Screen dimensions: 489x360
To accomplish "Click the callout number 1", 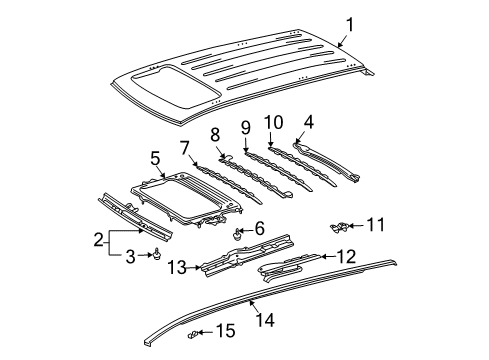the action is tap(350, 25).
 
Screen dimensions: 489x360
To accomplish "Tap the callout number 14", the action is tap(266, 320).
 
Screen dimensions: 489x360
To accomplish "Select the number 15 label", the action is tap(226, 331).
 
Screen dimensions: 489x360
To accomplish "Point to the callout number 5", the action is tap(155, 159).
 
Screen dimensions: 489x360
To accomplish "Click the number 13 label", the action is tap(177, 267).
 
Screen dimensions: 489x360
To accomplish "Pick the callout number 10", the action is tap(274, 122).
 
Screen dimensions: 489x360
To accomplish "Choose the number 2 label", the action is tap(99, 240).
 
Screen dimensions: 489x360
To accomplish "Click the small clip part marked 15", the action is tap(193, 334).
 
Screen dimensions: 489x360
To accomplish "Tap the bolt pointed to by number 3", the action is tap(157, 254).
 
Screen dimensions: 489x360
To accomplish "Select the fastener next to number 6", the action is tap(237, 234).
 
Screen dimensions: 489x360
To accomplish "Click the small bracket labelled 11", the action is tap(340, 227).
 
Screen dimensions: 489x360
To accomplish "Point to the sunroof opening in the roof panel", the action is tap(174, 87).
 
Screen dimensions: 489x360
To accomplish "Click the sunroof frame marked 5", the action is tap(186, 198).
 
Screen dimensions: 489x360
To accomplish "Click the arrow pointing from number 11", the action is tap(357, 226).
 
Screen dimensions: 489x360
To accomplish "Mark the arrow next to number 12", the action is tap(328, 257).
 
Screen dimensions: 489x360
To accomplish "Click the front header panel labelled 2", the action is tap(135, 217).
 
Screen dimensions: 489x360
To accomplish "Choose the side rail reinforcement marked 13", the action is tap(246, 255).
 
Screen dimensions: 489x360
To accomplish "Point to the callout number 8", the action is tap(215, 135).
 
